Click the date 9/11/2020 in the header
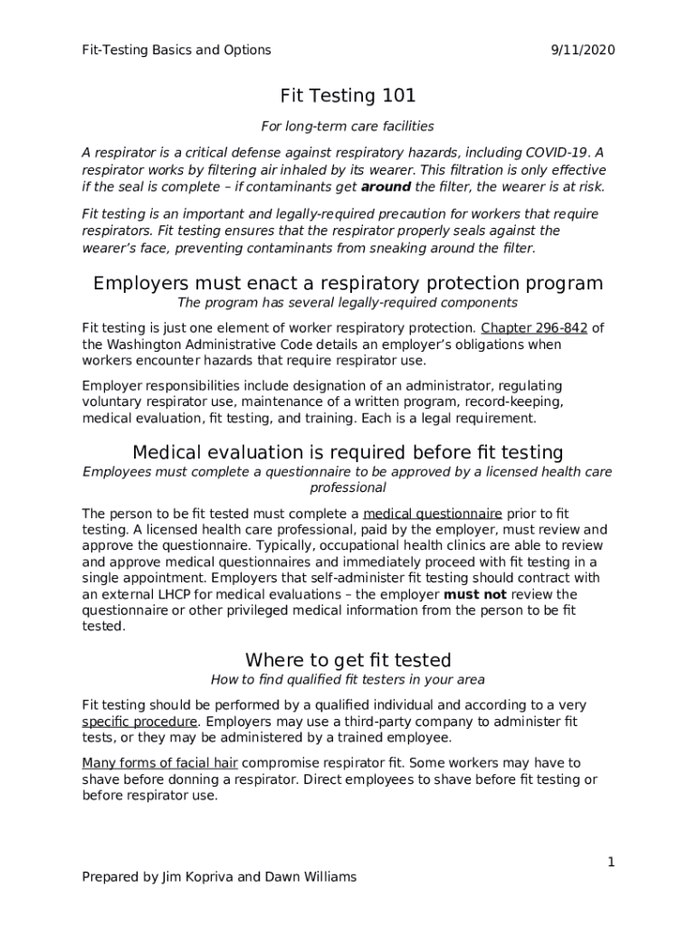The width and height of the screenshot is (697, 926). pos(582,50)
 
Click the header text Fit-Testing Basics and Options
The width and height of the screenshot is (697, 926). pos(176,50)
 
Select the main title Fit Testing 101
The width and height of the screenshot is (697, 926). pos(348,95)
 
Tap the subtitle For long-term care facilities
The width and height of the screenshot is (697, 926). pos(348,126)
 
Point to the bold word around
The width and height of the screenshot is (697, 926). pos(386,186)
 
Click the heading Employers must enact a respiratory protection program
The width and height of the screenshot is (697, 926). pos(348,284)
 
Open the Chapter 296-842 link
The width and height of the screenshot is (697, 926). pos(534,328)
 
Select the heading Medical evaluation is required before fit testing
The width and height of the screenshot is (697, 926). pos(348,452)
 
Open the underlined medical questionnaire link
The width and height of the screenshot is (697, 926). pos(433,514)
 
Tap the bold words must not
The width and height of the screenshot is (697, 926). pos(474,595)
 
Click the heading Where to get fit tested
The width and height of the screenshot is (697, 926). pos(348,659)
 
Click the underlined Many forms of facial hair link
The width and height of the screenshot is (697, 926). pos(160,763)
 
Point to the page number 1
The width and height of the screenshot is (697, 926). pos(611,863)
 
